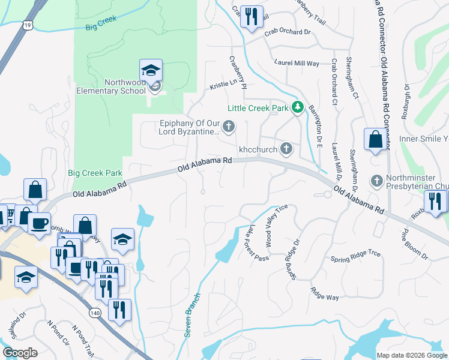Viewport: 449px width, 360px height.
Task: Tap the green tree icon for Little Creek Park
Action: [297, 108]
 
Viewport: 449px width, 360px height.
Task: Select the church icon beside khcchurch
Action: [287, 148]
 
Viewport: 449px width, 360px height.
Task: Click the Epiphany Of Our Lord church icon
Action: [228, 126]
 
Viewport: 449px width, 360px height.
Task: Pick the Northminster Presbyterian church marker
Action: [376, 180]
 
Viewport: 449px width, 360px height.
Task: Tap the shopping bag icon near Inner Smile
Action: [375, 140]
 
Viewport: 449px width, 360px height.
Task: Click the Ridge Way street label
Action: [324, 293]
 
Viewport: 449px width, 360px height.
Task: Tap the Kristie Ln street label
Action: [223, 85]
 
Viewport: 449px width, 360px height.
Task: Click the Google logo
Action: [20, 352]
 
